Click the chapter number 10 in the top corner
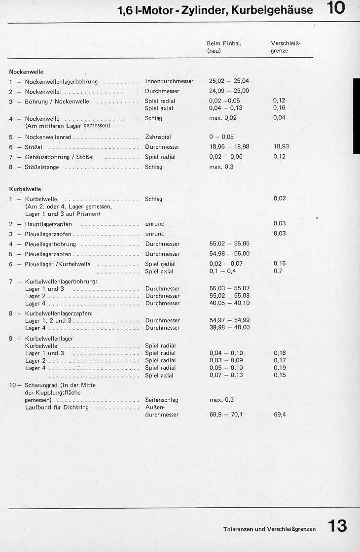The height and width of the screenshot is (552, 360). pos(335,8)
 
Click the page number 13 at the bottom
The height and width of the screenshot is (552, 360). pos(338,526)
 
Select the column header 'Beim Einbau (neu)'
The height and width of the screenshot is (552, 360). pos(224,47)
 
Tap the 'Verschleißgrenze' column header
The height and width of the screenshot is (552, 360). pos(286,47)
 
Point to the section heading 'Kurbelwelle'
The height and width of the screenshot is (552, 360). pos(25,189)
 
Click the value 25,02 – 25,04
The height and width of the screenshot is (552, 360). pos(229,81)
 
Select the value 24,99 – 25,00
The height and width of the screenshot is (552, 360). pos(229,91)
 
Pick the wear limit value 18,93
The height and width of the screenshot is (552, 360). pos(280,147)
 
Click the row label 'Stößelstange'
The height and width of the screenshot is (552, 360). pos(41,167)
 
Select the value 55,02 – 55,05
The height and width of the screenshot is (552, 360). pos(229,244)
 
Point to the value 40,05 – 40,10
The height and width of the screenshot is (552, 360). pos(229,303)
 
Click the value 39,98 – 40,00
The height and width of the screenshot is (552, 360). pos(229,328)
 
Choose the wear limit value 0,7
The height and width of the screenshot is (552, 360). pos(278,271)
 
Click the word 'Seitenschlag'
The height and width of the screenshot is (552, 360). pos(161,400)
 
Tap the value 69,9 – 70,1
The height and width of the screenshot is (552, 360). pos(226,414)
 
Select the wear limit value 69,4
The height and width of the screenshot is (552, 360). pos(280,414)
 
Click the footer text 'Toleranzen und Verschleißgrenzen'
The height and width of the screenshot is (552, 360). pos(269,529)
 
